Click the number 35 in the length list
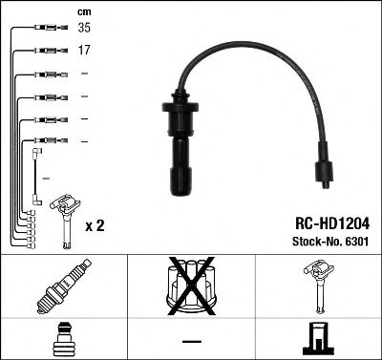(84, 30)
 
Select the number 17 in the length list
(84, 51)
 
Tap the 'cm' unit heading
(83, 11)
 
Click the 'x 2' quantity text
(95, 225)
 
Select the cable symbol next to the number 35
(45, 30)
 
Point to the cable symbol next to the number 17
(45, 51)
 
